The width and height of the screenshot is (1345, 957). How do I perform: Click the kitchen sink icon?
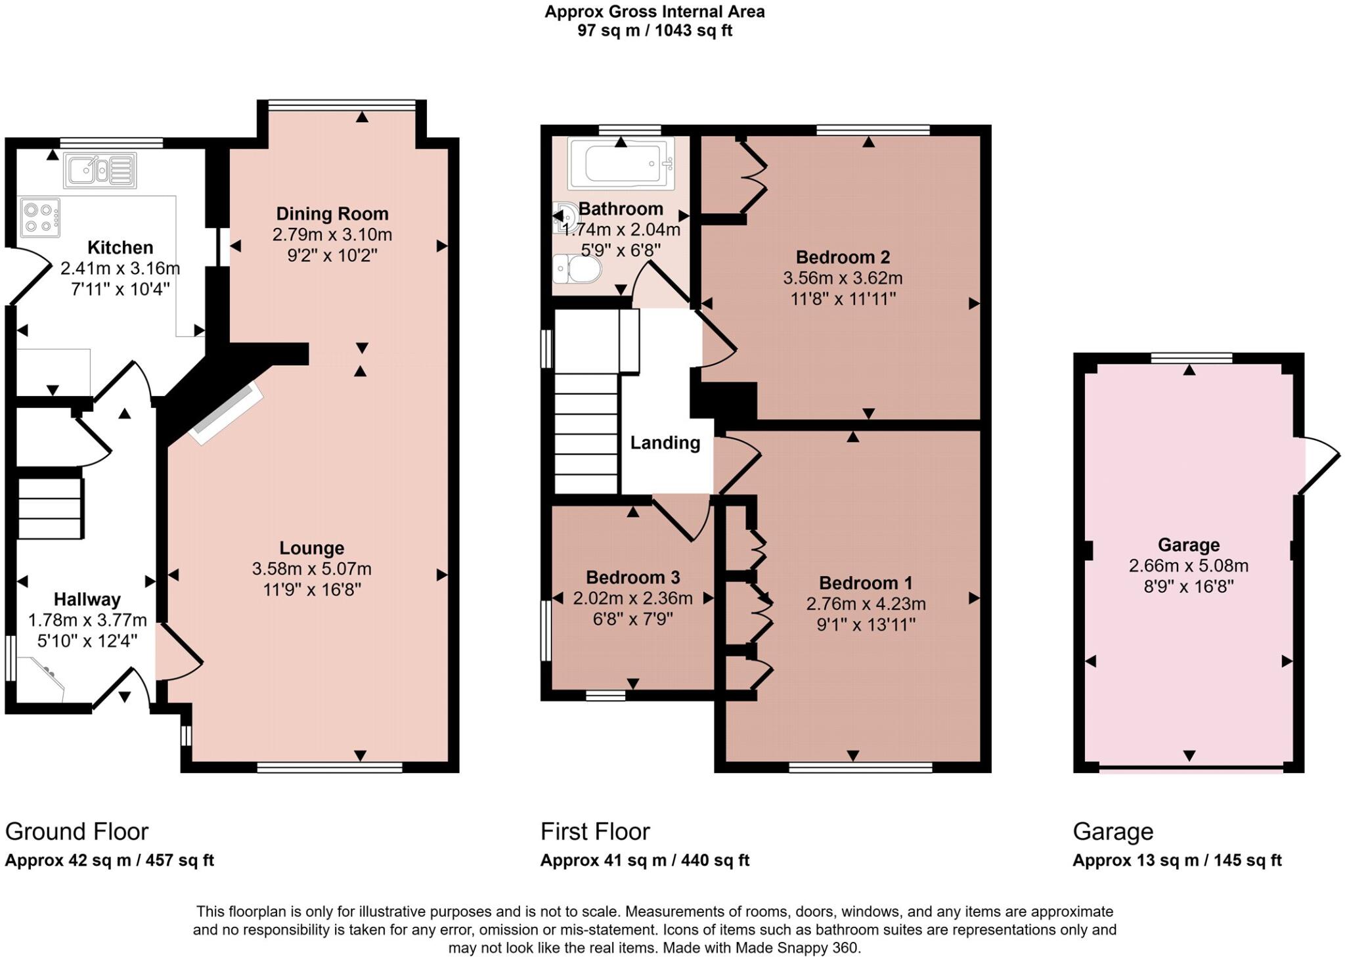click(x=100, y=170)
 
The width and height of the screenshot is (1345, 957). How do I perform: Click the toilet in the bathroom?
click(x=578, y=269)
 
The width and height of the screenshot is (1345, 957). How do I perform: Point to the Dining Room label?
click(x=332, y=213)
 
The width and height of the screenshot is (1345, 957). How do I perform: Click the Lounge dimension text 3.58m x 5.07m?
click(x=311, y=569)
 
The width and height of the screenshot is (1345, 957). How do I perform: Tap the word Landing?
click(x=665, y=443)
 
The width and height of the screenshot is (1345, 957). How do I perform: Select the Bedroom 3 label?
click(x=632, y=577)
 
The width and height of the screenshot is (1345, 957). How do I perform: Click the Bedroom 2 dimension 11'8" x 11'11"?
click(x=843, y=299)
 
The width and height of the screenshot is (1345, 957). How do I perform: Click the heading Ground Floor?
click(x=77, y=832)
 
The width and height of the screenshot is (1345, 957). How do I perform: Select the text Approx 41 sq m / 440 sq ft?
click(x=644, y=860)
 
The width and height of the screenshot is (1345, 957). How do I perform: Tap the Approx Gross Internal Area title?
click(x=654, y=12)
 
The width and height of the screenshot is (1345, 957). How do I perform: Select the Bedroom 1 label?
click(x=866, y=583)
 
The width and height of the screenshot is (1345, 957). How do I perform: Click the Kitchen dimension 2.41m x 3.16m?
click(x=120, y=268)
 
